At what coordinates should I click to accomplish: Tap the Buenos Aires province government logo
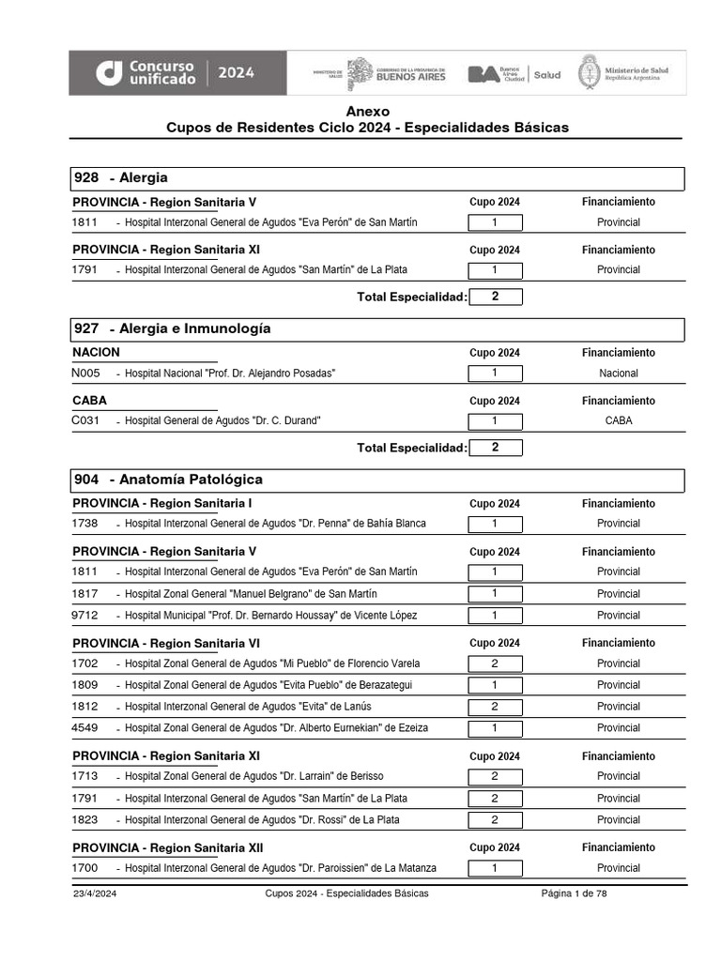pyautogui.click(x=395, y=74)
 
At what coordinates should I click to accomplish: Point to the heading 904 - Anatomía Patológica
pyautogui.click(x=168, y=480)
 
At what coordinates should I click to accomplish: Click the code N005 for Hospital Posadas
pyautogui.click(x=85, y=374)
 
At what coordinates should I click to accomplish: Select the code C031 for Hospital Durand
pyautogui.click(x=85, y=420)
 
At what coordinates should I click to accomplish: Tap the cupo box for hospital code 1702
pyautogui.click(x=495, y=664)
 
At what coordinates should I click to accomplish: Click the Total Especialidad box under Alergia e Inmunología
pyautogui.click(x=495, y=448)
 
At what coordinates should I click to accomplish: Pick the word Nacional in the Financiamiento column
pyautogui.click(x=619, y=374)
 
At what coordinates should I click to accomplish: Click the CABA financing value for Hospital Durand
pyautogui.click(x=619, y=420)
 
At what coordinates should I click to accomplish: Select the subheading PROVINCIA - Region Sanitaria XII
pyautogui.click(x=168, y=847)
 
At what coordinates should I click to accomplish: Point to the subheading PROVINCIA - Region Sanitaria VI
pyautogui.click(x=166, y=643)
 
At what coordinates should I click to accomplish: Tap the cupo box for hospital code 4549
pyautogui.click(x=495, y=727)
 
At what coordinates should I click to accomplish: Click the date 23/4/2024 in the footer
pyautogui.click(x=95, y=893)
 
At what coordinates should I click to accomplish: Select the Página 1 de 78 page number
pyautogui.click(x=574, y=893)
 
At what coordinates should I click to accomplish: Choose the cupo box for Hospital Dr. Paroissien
pyautogui.click(x=495, y=868)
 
